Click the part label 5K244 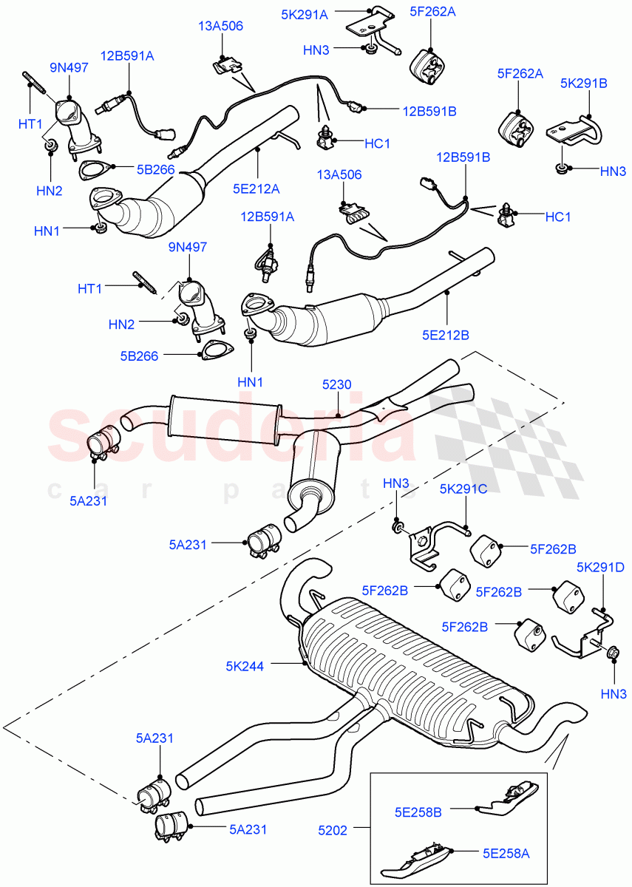click(x=245, y=665)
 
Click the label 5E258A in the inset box click(x=506, y=854)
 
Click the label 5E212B click(x=445, y=335)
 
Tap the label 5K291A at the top click(x=304, y=13)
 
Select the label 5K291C click(x=464, y=489)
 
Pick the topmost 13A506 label click(x=221, y=27)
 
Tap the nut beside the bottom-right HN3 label click(x=612, y=653)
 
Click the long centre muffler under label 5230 click(x=225, y=419)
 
